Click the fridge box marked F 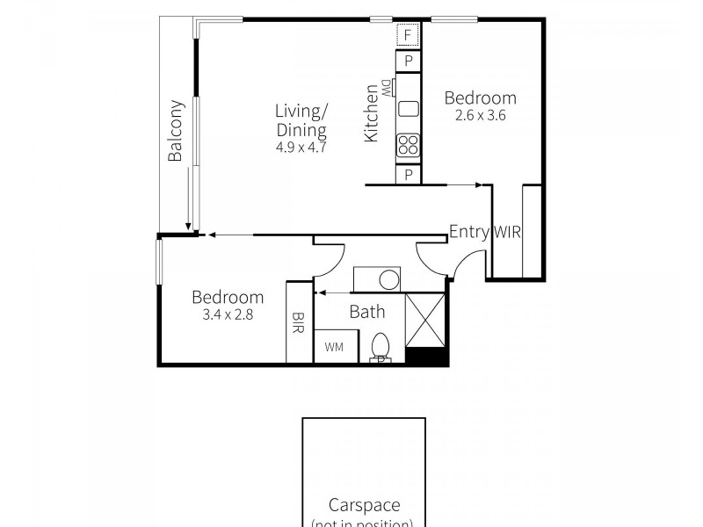click(x=407, y=36)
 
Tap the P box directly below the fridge click(x=407, y=62)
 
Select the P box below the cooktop click(x=407, y=175)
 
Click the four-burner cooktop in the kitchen click(x=408, y=144)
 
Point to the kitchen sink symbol click(x=408, y=109)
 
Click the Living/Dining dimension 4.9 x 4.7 click(x=301, y=148)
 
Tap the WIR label click(x=508, y=233)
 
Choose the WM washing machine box click(x=335, y=347)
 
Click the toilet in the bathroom click(x=380, y=347)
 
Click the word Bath click(x=366, y=311)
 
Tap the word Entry click(x=468, y=232)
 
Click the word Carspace click(x=364, y=505)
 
